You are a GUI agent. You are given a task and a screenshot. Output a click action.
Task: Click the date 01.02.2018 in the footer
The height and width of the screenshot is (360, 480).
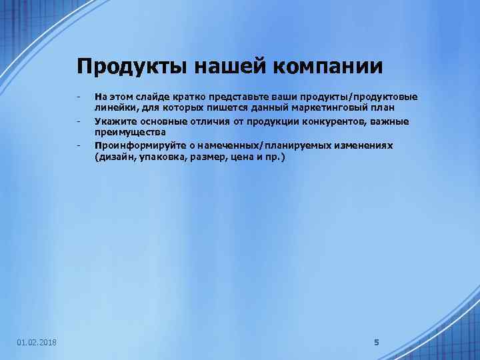[37, 343]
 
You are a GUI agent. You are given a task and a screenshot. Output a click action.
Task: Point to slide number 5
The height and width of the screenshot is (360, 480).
[376, 343]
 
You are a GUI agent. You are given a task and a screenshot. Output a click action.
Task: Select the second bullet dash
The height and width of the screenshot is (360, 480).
[79, 121]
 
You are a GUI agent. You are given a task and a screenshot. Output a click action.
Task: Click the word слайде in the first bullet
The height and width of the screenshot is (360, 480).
[154, 97]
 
